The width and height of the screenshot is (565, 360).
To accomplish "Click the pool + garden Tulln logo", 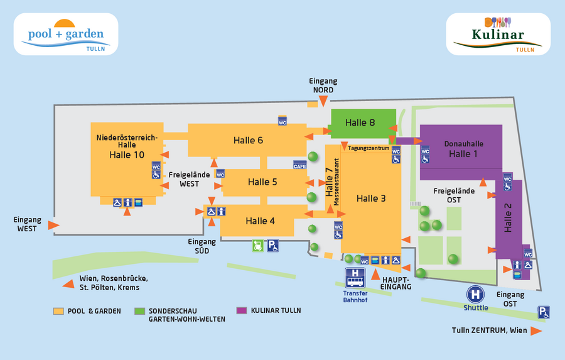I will pos(66,34).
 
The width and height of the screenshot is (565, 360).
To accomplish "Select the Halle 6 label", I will pos(248,140).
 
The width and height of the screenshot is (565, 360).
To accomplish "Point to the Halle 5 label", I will pos(262,182).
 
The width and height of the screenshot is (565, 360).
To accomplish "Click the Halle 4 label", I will pos(260,221).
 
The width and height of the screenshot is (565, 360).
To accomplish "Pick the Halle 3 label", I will pos(371,199).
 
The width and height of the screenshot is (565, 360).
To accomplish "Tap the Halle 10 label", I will pos(127,155).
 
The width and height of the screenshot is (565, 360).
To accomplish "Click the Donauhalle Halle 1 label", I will pos(463,149).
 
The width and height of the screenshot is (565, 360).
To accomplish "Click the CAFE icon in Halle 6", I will pos(299,165).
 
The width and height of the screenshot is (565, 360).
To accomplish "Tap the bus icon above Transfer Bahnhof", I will pos(355,278).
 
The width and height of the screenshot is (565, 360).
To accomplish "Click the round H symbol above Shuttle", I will pos(475,294).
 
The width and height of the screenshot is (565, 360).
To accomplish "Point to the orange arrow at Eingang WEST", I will pos(54,225).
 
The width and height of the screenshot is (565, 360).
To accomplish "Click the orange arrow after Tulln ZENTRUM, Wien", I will pos(536,331).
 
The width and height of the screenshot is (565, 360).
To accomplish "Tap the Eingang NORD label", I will pos(323,85).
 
